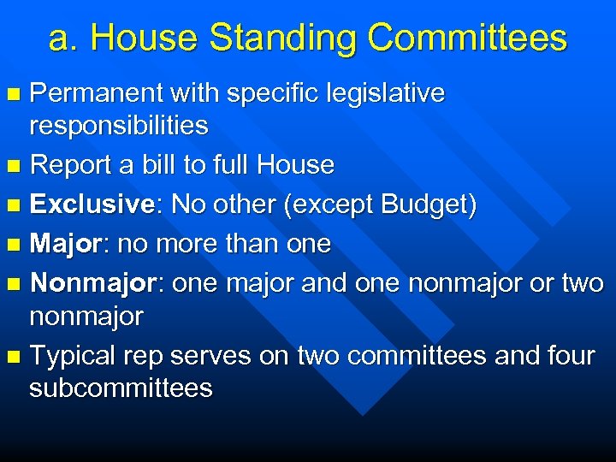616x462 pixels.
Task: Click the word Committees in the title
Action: [467, 38]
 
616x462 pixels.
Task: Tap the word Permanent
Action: [95, 92]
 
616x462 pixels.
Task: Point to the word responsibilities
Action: [118, 126]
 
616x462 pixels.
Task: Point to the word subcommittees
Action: [121, 388]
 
